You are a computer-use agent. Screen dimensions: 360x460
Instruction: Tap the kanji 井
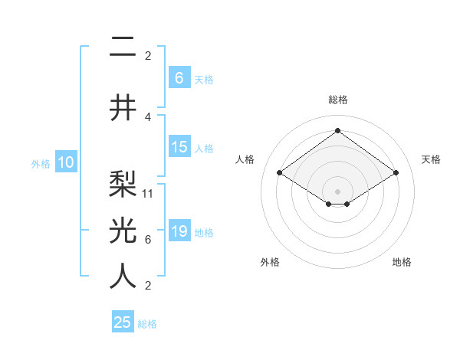pyautogui.click(x=123, y=107)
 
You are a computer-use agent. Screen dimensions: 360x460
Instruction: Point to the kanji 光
pyautogui.click(x=123, y=230)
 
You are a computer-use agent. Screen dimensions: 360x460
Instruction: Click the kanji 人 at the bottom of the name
pyautogui.click(x=123, y=276)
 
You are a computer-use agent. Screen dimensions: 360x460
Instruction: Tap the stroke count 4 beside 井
pyautogui.click(x=148, y=117)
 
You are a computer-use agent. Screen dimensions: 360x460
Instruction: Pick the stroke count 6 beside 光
pyautogui.click(x=148, y=240)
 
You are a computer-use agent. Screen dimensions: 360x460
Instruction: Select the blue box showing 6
pyautogui.click(x=179, y=77)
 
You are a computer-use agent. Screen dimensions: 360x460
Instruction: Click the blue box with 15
pyautogui.click(x=179, y=147)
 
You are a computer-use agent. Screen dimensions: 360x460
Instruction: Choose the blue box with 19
pyautogui.click(x=179, y=231)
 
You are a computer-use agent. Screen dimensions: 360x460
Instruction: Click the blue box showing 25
pyautogui.click(x=122, y=322)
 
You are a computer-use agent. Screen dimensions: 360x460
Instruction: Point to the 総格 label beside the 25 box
pyautogui.click(x=147, y=324)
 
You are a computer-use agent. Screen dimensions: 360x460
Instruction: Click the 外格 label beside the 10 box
pyautogui.click(x=41, y=163)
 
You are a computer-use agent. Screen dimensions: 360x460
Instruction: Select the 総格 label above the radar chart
pyautogui.click(x=337, y=100)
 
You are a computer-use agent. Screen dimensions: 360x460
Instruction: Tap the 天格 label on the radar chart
pyautogui.click(x=431, y=159)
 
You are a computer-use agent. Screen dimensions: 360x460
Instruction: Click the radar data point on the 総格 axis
pyautogui.click(x=337, y=131)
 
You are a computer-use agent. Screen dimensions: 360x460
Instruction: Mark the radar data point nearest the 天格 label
pyautogui.click(x=396, y=173)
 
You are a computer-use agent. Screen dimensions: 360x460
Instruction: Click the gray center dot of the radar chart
pyautogui.click(x=337, y=190)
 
